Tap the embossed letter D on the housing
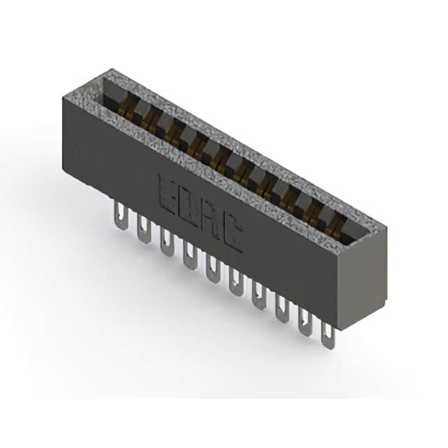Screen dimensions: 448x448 [x=189, y=207]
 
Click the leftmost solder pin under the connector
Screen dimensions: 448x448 [x=121, y=215]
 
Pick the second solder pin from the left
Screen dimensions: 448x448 [x=143, y=229]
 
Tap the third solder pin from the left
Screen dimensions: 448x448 [x=167, y=242]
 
